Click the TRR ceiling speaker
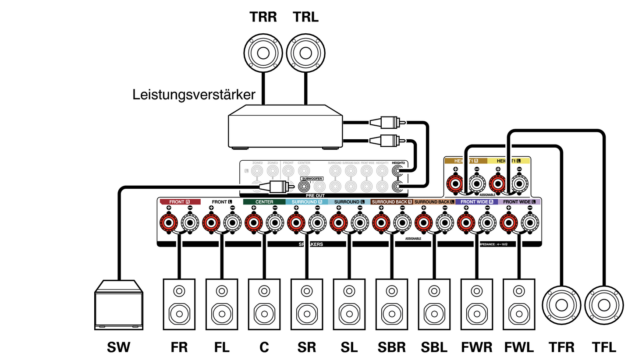263,53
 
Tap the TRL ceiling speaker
305,53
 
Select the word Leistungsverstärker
194,95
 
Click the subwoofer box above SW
119,305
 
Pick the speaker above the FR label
179,304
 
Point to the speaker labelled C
264,304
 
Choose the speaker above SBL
434,304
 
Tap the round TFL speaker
604,305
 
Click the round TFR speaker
561,305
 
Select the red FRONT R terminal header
179,202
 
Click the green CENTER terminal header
264,202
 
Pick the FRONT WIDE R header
477,202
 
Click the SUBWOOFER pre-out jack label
312,179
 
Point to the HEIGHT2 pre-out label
398,163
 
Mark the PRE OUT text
315,195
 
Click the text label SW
118,347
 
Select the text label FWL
519,347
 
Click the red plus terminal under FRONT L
211,223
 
